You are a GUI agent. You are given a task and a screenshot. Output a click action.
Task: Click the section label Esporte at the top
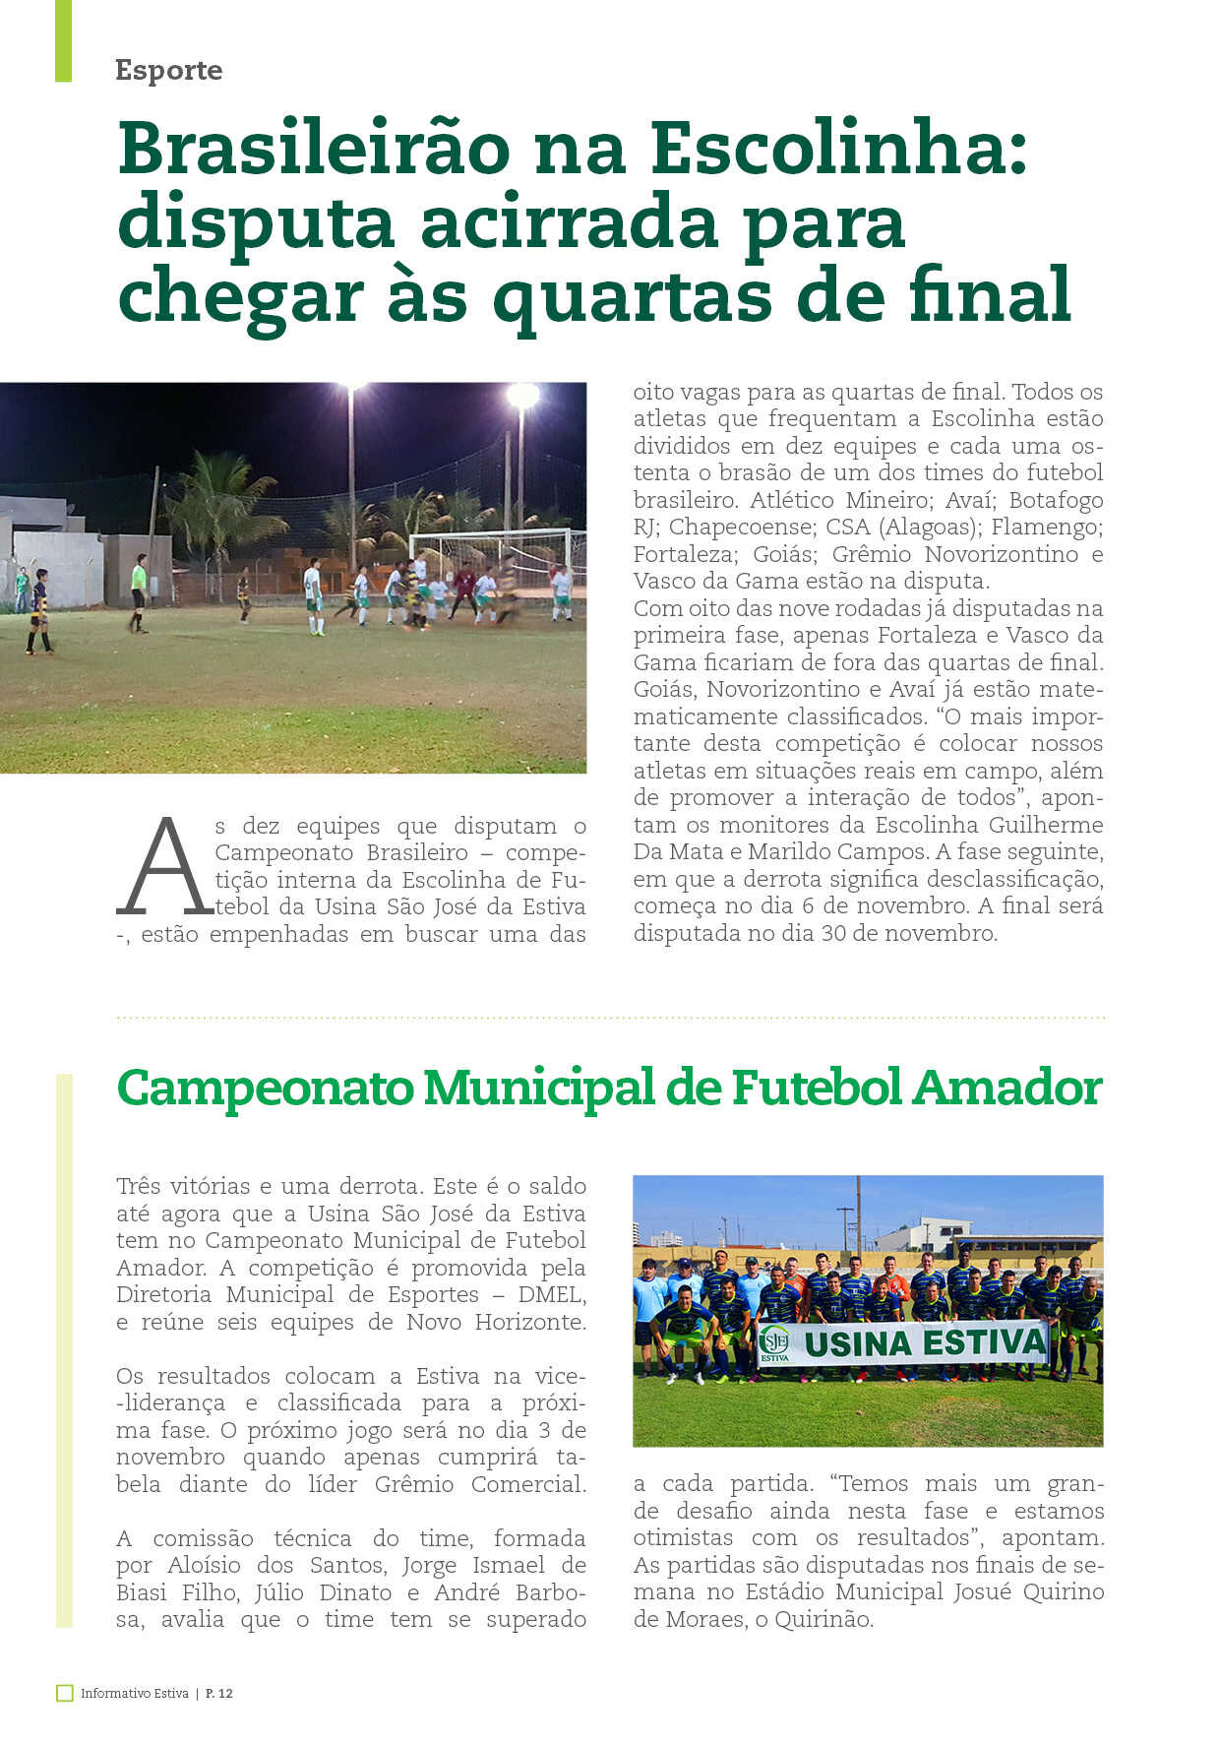[x=168, y=70]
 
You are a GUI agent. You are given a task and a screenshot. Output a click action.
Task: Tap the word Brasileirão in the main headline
[x=314, y=150]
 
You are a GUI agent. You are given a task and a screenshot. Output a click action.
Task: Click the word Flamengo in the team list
[x=1046, y=528]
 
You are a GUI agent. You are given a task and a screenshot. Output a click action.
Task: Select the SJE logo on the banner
[x=773, y=1342]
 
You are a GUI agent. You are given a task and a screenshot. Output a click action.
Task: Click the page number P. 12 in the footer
[x=219, y=1693]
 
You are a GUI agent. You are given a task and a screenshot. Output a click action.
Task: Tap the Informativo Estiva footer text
[x=134, y=1693]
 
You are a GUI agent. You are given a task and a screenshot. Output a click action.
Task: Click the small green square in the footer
[x=65, y=1693]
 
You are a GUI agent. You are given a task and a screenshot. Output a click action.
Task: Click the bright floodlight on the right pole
[x=522, y=396]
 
